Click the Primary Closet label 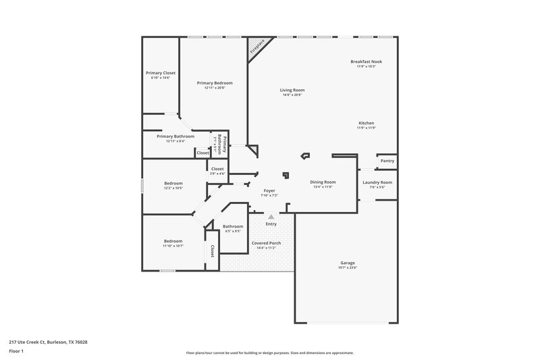[161, 72]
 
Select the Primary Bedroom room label [215, 82]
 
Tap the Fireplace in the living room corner [258, 49]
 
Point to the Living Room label [292, 90]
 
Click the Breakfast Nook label [362, 61]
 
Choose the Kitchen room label [366, 123]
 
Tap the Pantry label [387, 161]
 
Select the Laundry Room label [377, 182]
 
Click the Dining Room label [323, 182]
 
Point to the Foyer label [269, 191]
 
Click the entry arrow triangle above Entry [271, 217]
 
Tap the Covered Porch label [266, 242]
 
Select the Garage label [348, 263]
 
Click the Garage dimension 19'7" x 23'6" [348, 268]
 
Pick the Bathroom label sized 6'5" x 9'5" [233, 226]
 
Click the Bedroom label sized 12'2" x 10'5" [173, 182]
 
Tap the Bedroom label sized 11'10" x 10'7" [173, 241]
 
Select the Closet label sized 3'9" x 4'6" [217, 169]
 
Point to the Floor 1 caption [16, 352]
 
